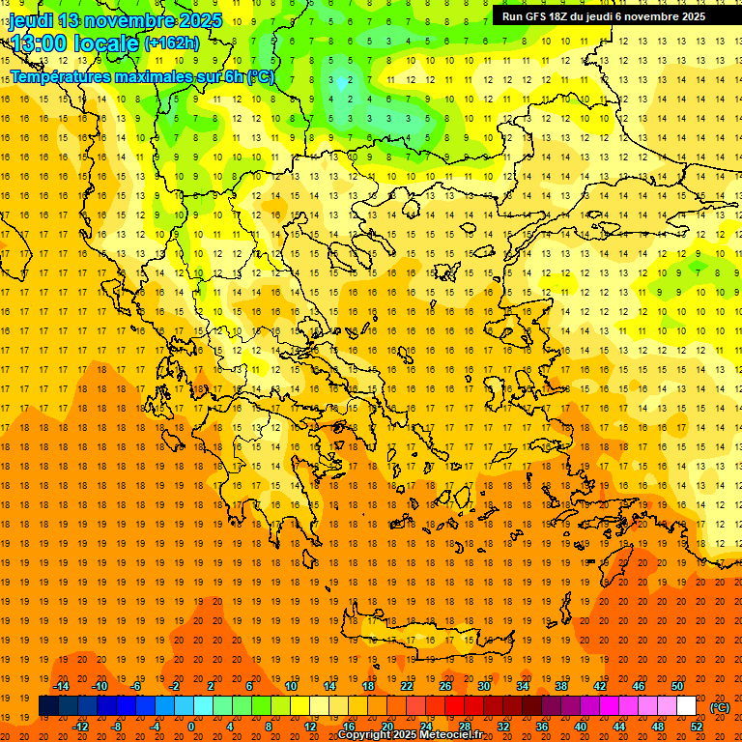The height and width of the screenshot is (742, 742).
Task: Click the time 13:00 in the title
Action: [40, 43]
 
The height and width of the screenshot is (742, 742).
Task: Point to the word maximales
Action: [154, 76]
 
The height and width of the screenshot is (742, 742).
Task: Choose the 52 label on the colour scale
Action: [698, 726]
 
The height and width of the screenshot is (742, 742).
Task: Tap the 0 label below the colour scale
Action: [191, 726]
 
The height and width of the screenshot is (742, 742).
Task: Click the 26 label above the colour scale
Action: [445, 686]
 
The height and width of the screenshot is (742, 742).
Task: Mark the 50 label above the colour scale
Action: [678, 686]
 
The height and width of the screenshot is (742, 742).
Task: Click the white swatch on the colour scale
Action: [686, 706]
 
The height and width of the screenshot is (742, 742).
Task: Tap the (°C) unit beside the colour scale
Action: [720, 706]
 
